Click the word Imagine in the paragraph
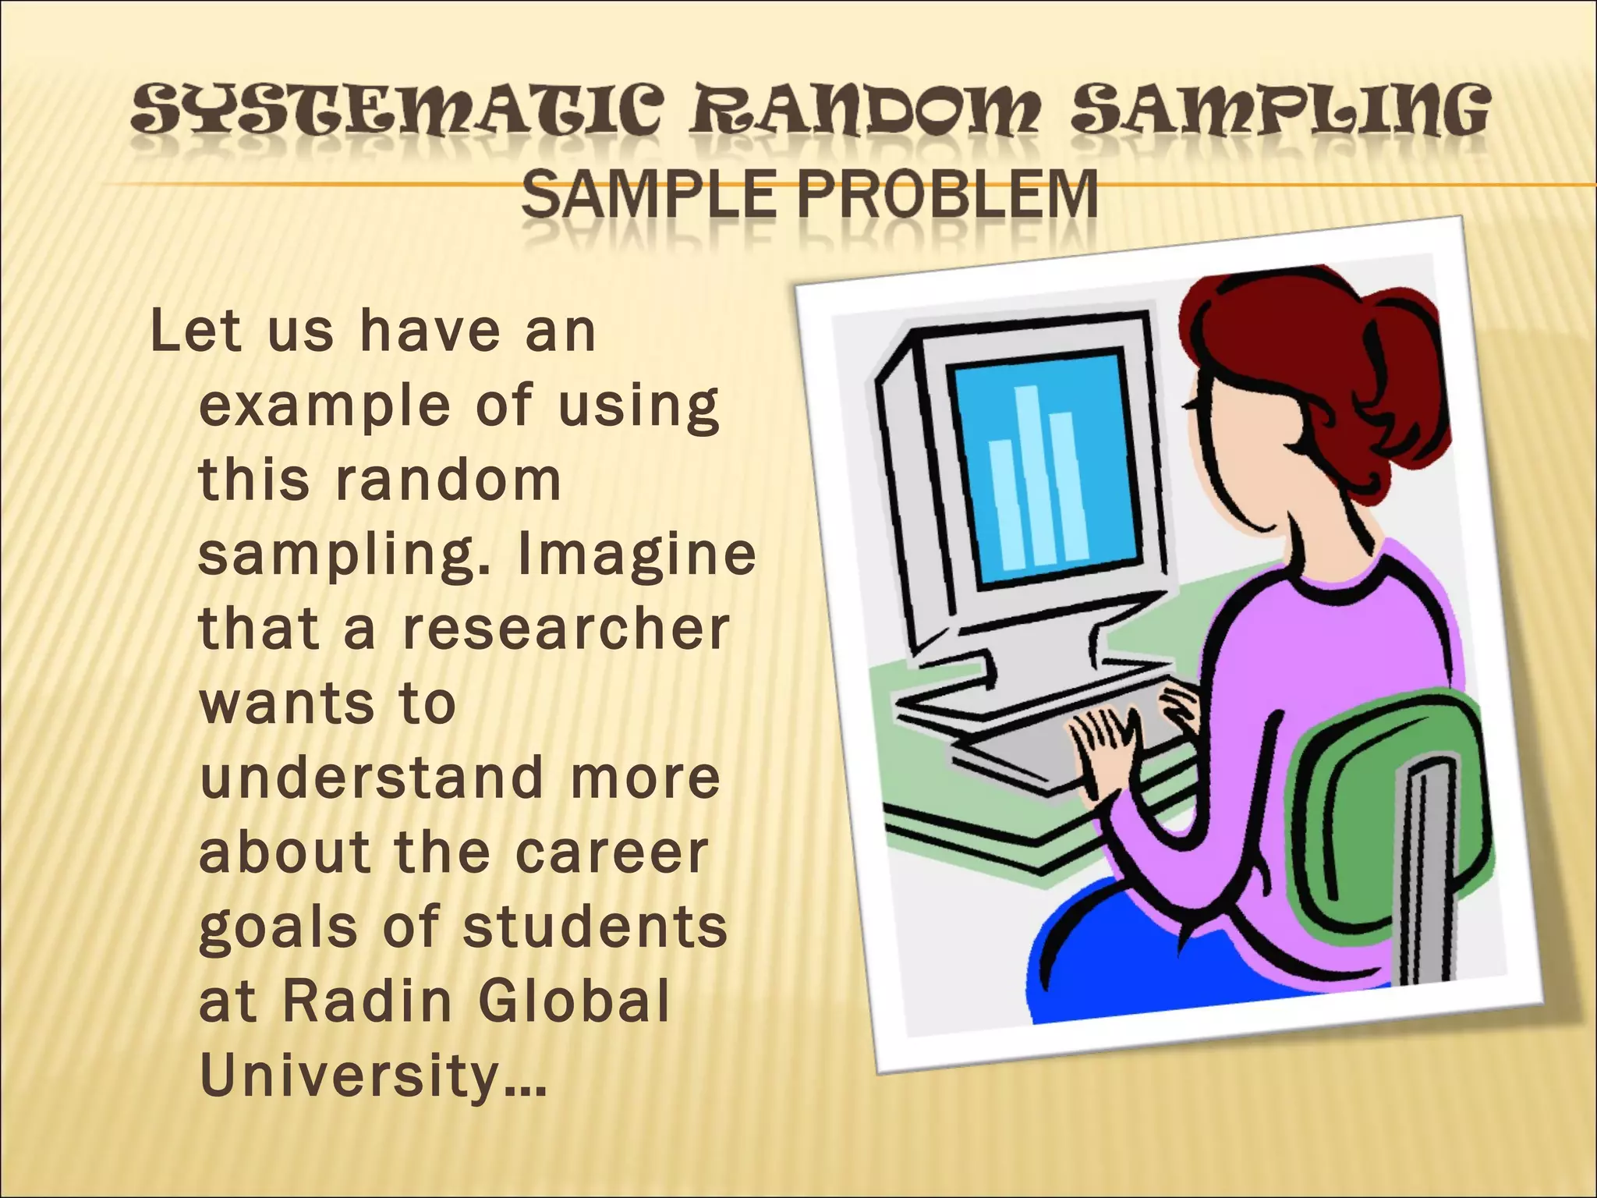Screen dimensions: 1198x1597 pos(637,556)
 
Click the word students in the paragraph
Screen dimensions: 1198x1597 pos(594,926)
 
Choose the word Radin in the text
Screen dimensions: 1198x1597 pos(367,1001)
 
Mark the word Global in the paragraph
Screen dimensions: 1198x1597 pos(574,1001)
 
